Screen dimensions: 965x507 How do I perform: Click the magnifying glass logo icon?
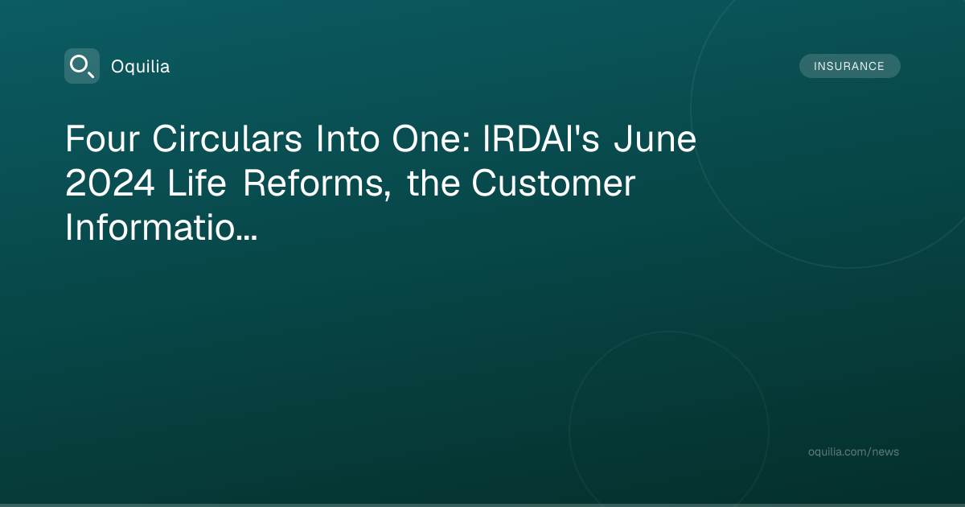pos(82,66)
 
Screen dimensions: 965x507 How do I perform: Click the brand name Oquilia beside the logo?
pos(141,67)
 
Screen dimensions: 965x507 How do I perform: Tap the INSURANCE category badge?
pos(849,66)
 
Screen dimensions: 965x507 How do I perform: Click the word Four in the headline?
pos(103,138)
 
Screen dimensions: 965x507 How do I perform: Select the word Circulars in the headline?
pos(227,138)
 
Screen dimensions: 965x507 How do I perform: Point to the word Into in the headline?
pos(347,138)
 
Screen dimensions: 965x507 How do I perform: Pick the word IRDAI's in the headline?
pos(541,138)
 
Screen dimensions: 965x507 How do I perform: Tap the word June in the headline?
pos(655,138)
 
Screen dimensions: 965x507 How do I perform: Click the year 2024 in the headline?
pos(110,183)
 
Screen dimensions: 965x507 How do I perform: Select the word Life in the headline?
pos(197,183)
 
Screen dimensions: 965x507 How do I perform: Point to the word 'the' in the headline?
pos(433,183)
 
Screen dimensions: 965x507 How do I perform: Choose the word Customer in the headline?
pos(553,183)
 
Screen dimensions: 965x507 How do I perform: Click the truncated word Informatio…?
pos(161,227)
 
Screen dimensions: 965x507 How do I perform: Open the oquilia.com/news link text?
pos(853,451)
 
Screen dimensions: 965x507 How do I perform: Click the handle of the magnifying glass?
pos(90,74)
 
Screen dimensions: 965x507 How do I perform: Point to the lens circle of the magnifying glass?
pos(71,65)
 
